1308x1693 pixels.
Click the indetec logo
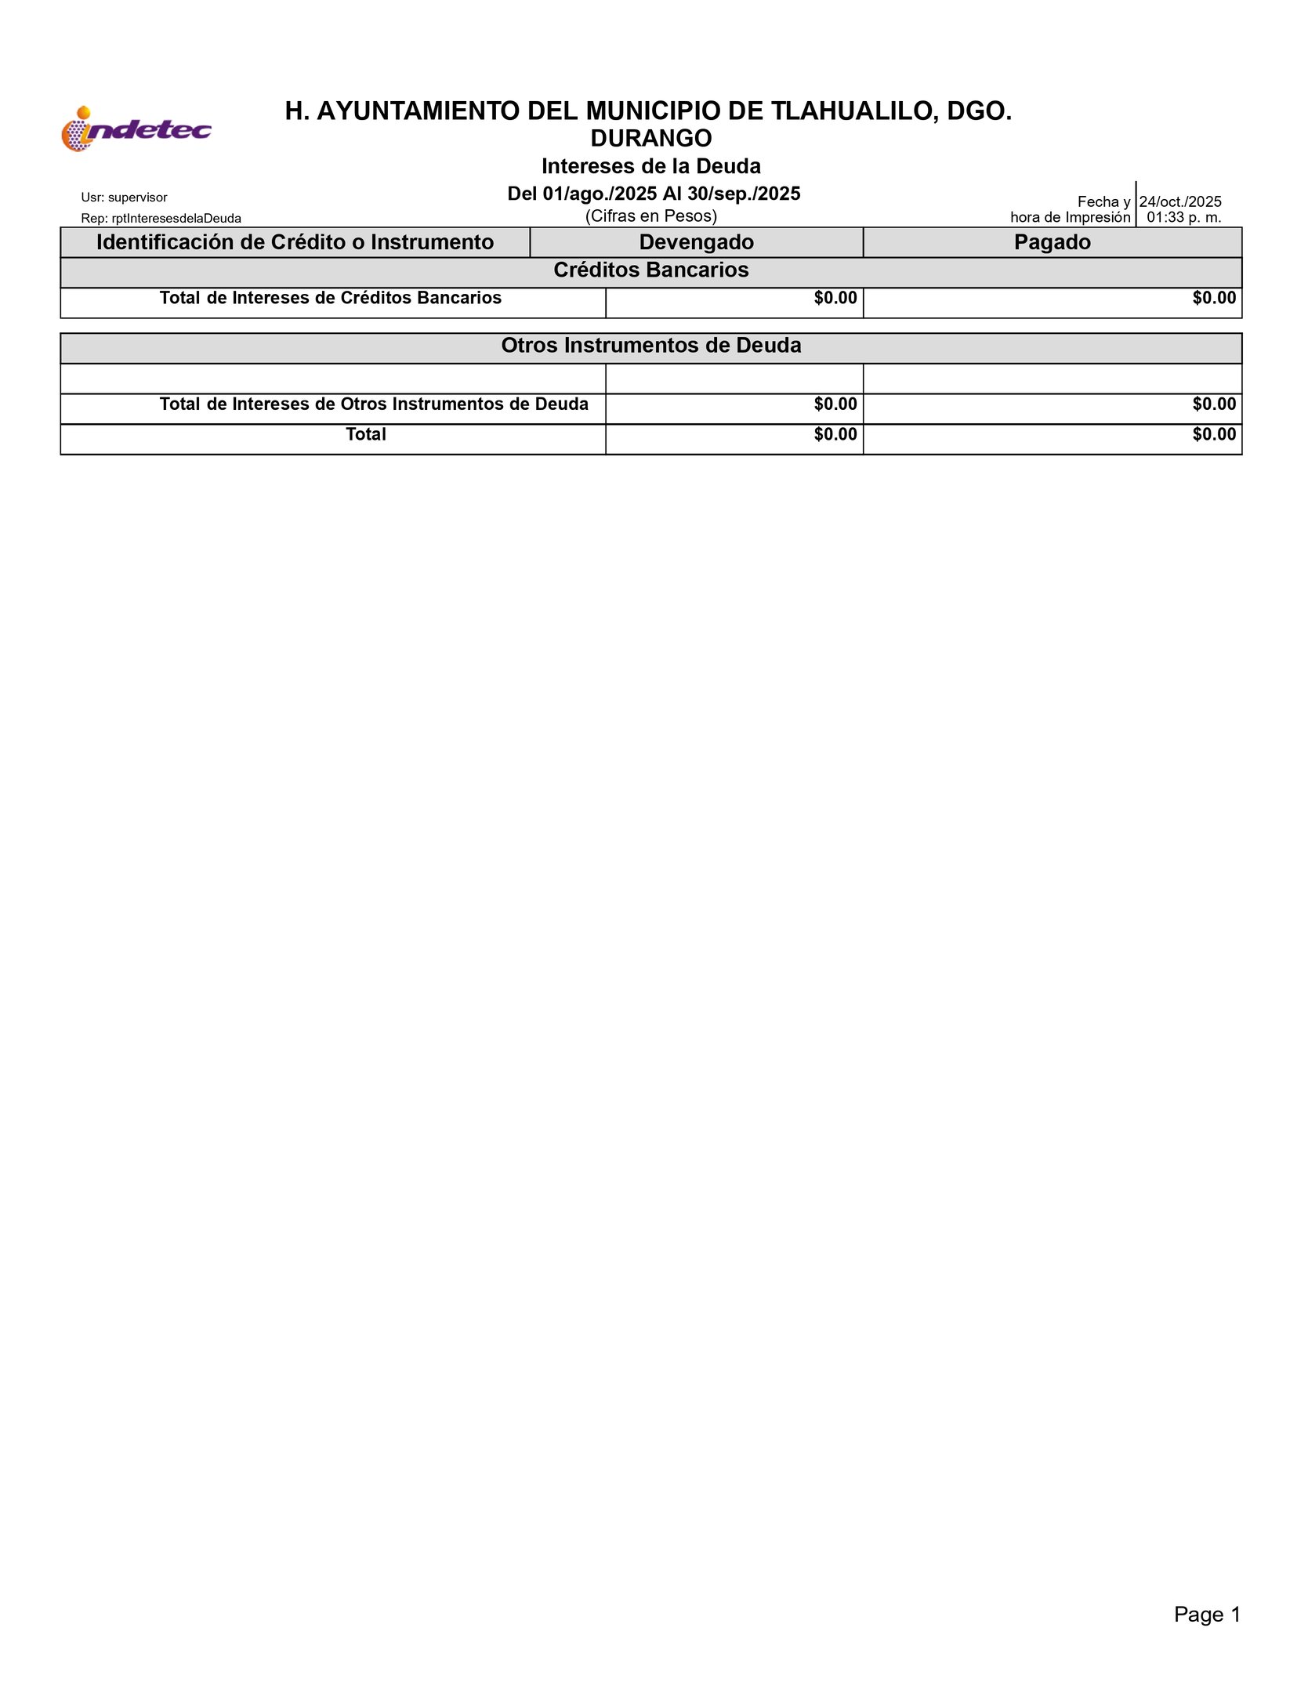pyautogui.click(x=136, y=129)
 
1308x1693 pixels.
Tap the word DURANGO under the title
pyautogui.click(x=650, y=139)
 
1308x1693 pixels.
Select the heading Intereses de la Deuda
pyautogui.click(x=650, y=166)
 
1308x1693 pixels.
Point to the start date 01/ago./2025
pyautogui.click(x=600, y=194)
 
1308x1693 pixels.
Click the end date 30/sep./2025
pyautogui.click(x=744, y=194)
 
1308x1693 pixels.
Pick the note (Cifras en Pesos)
pyautogui.click(x=650, y=216)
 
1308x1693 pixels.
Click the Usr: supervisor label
pyautogui.click(x=124, y=198)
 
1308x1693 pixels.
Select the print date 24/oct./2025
pyautogui.click(x=1180, y=201)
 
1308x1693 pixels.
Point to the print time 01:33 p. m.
pyautogui.click(x=1183, y=218)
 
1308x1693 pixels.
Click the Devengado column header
pyautogui.click(x=696, y=242)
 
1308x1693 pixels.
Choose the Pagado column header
pyautogui.click(x=1052, y=242)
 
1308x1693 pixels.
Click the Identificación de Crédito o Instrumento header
pyautogui.click(x=295, y=242)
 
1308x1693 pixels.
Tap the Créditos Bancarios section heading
pyautogui.click(x=650, y=270)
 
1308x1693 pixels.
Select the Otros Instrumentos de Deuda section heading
pyautogui.click(x=650, y=346)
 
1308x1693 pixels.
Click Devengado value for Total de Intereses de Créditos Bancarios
pyautogui.click(x=835, y=299)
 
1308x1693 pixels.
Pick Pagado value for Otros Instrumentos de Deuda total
pyautogui.click(x=1213, y=404)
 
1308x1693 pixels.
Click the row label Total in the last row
pyautogui.click(x=366, y=434)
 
